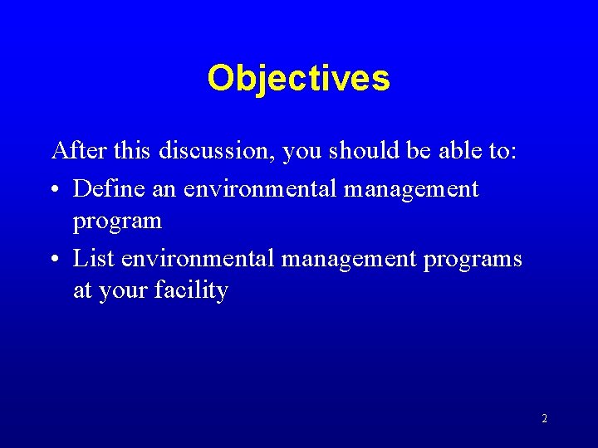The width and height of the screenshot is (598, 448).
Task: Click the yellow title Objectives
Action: (298, 79)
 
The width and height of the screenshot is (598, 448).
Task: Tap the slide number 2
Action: (544, 419)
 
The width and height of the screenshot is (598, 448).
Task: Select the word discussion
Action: (217, 151)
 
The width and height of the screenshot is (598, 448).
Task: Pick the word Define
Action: (108, 188)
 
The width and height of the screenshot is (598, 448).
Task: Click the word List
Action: (94, 258)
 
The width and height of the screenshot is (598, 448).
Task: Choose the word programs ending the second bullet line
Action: (473, 260)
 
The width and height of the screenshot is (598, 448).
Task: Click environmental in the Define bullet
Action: (260, 188)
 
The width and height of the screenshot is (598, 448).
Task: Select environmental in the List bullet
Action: (198, 258)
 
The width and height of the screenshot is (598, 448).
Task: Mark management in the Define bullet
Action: (411, 190)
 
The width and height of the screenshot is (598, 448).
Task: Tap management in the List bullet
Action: (350, 260)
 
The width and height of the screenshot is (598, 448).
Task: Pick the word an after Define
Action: (164, 190)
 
